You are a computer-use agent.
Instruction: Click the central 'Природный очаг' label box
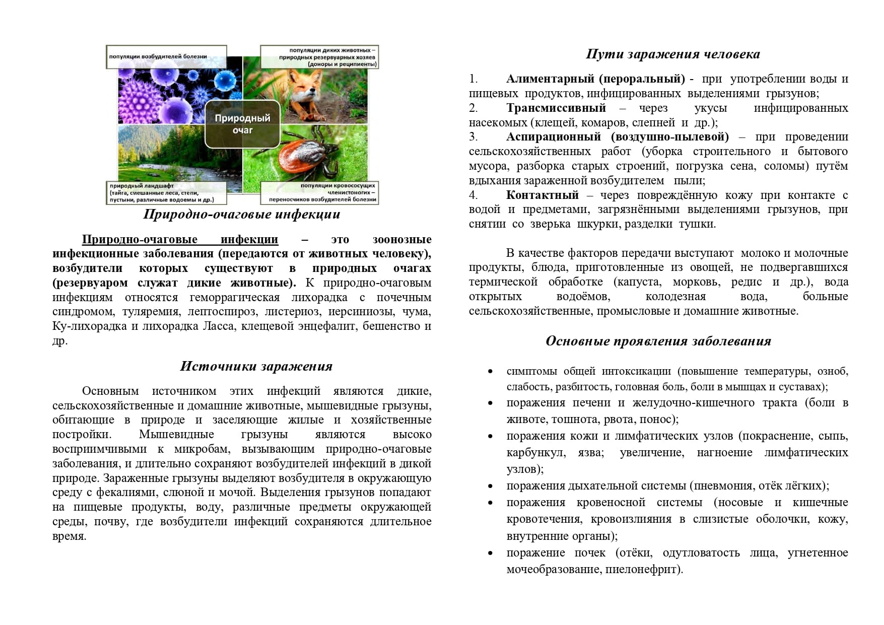click(242, 124)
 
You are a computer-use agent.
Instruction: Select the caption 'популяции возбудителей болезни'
click(158, 56)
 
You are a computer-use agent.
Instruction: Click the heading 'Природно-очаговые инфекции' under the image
click(242, 215)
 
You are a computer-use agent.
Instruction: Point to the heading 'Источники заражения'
click(256, 367)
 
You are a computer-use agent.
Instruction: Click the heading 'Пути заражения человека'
click(673, 54)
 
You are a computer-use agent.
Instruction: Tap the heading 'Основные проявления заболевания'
click(658, 341)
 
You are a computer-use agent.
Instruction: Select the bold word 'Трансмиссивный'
click(556, 108)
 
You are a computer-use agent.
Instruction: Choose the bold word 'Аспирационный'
click(554, 137)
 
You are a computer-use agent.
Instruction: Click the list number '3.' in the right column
click(473, 137)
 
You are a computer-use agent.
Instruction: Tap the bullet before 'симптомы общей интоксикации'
click(490, 372)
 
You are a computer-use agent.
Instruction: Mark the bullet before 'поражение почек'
click(490, 553)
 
